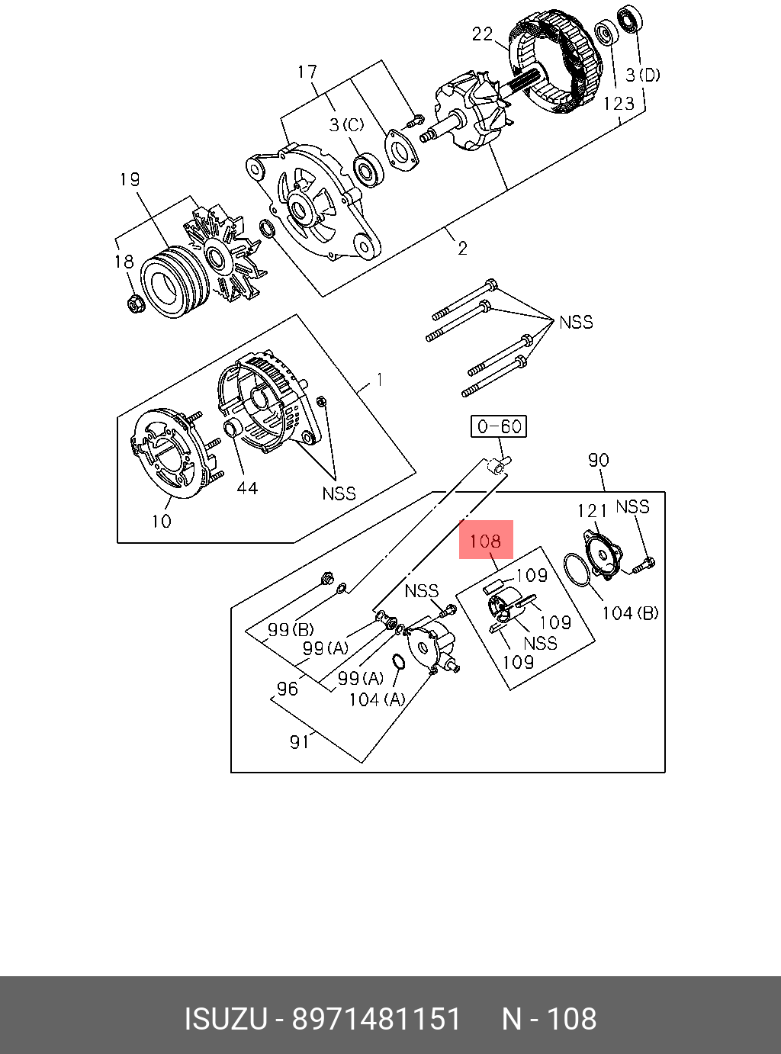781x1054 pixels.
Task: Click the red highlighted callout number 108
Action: [486, 541]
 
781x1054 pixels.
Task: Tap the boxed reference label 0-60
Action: [499, 426]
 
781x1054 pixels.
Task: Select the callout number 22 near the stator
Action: [483, 34]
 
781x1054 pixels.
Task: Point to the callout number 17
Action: [307, 72]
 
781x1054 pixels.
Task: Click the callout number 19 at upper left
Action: [130, 180]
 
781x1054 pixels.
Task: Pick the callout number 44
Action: [246, 488]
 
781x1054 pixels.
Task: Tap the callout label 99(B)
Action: [291, 630]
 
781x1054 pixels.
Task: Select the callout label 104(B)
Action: [630, 612]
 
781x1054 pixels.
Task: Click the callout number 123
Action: [618, 103]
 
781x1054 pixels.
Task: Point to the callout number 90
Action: [599, 460]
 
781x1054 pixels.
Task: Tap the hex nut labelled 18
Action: [135, 304]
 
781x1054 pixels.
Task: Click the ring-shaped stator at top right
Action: [557, 65]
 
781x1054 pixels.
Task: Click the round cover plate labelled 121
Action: [602, 552]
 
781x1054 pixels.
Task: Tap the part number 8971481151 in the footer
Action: [378, 1019]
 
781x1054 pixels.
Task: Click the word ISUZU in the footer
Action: [226, 1019]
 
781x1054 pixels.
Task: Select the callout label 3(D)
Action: [643, 75]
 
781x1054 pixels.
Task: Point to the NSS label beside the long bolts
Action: [576, 322]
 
